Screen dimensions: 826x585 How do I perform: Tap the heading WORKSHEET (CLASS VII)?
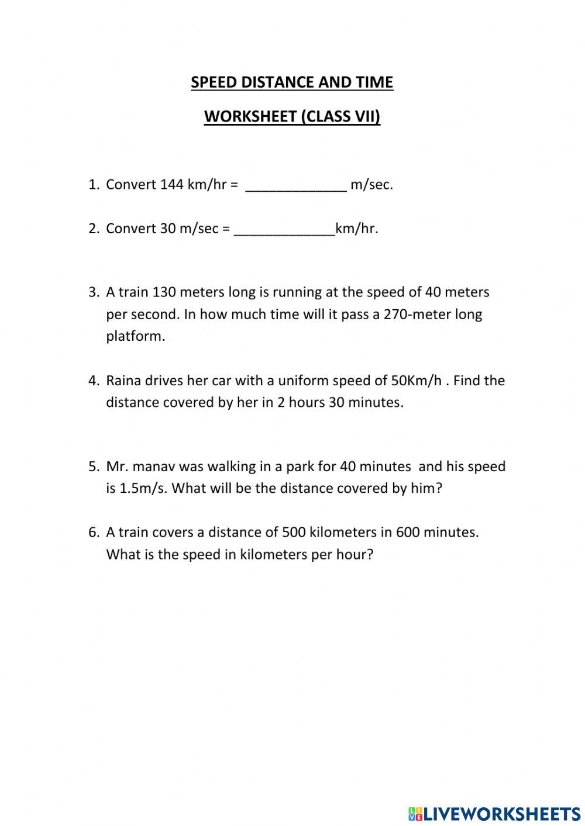coord(292,117)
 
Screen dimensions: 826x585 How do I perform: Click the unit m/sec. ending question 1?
coord(371,185)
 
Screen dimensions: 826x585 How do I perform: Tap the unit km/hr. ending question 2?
coord(357,229)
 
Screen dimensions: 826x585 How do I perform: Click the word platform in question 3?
coord(135,337)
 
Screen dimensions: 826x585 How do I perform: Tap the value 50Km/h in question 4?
coord(416,381)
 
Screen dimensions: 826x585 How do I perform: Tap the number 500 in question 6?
coord(293,533)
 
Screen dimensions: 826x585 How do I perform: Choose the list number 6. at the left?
coord(94,533)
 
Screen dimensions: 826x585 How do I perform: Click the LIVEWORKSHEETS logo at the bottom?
coord(494,813)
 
